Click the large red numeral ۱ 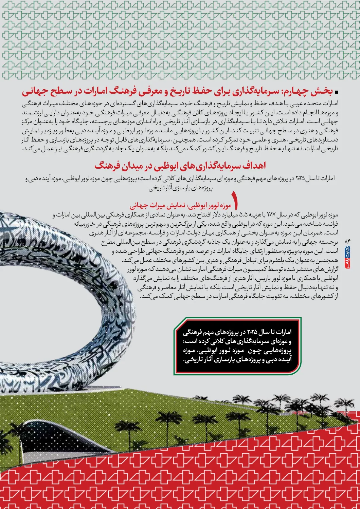coord(235,200)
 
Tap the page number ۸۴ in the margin coord(347,241)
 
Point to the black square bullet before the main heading coord(337,92)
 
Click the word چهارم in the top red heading coord(292,91)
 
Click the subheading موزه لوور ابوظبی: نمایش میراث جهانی coord(180,206)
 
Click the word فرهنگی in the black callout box coord(193,332)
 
